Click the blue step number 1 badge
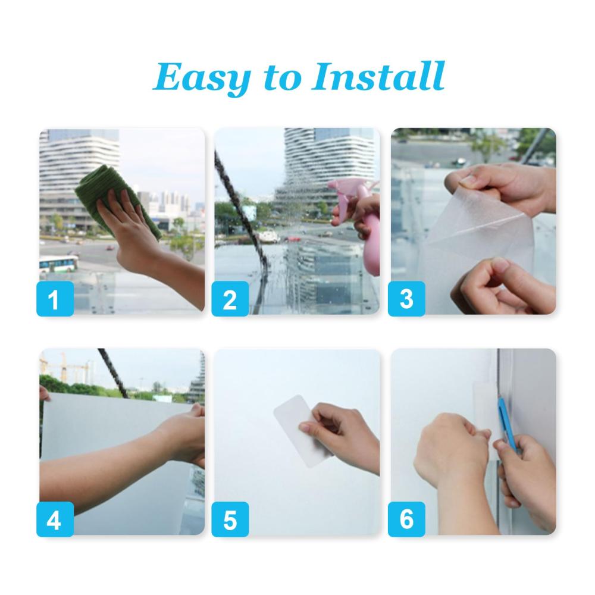(55, 299)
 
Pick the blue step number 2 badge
(230, 299)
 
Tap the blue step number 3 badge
(406, 299)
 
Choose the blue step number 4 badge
(55, 519)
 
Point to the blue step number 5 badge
(230, 519)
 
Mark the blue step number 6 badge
(406, 519)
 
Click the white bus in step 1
(59, 264)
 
